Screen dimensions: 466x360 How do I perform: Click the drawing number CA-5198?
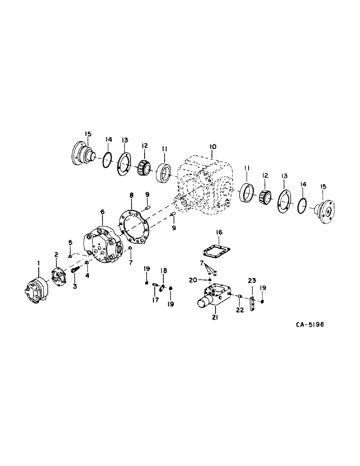[308, 326]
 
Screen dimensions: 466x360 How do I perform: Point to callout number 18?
[164, 271]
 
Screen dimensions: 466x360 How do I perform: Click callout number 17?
[154, 300]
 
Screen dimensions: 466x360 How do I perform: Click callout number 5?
[70, 242]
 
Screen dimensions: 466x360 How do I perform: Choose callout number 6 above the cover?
[102, 212]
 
